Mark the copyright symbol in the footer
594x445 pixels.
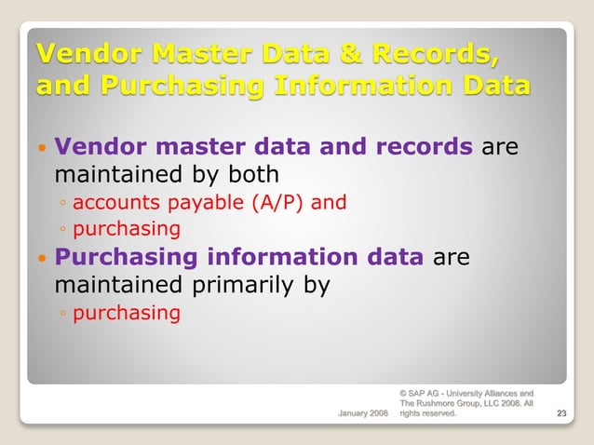(403, 393)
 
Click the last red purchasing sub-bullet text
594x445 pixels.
(127, 313)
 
